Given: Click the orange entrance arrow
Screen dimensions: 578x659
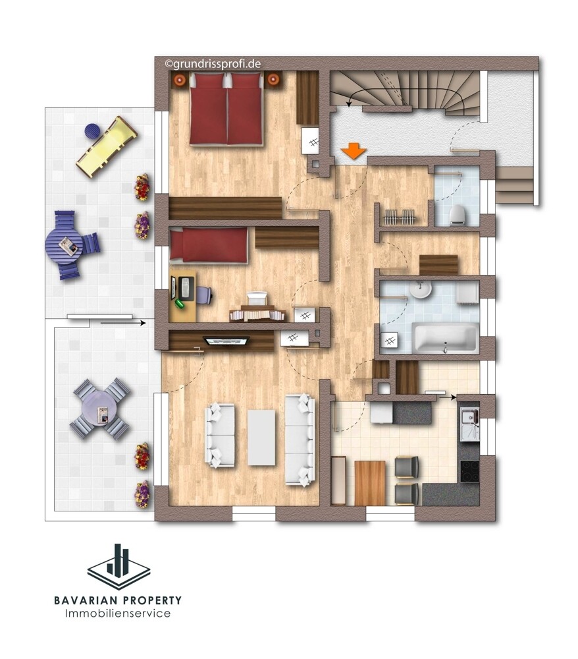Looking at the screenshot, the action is point(354,151).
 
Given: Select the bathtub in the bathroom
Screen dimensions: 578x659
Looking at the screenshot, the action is point(446,337).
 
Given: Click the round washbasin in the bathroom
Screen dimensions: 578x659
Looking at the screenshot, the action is point(420,289).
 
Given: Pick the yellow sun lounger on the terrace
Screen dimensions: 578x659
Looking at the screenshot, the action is point(107,146).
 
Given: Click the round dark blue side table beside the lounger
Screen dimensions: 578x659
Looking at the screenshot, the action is point(92,131).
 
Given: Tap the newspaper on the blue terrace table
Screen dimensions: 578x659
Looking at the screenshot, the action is point(68,245).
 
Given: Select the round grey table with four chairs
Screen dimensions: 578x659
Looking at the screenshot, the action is point(101,409).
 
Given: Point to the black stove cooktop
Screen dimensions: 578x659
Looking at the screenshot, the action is point(469,471).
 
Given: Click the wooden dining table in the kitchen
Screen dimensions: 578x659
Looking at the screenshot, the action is point(370,483).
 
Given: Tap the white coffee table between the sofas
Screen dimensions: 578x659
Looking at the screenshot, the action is point(261,438).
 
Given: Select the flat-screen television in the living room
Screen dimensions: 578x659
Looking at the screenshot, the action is point(226,340).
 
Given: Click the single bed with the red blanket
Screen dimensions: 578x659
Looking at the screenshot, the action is point(209,245).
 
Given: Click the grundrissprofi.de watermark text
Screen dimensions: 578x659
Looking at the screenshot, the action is point(213,64).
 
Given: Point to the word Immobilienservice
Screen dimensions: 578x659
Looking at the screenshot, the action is point(118,614).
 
